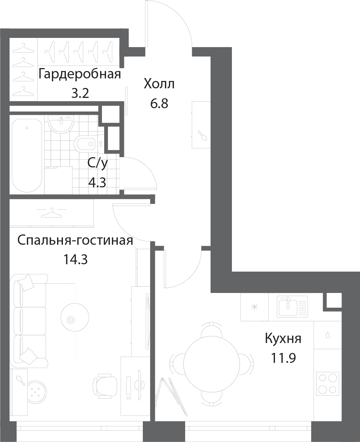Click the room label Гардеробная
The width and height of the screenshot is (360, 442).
tap(80, 74)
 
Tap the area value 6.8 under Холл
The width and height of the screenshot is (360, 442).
tap(159, 103)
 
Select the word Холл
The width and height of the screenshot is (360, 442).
tap(159, 84)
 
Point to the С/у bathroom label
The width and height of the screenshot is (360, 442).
tap(98, 163)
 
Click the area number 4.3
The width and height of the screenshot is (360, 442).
tap(98, 182)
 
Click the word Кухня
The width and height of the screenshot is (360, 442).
tap(283, 339)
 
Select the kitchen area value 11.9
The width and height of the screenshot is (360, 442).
tap(283, 358)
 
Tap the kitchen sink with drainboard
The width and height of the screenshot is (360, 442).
tap(292, 307)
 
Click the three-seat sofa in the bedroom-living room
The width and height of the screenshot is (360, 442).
tap(29, 321)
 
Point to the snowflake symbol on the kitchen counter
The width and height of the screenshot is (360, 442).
tap(254, 307)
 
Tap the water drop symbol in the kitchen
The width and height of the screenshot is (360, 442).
tap(327, 335)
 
